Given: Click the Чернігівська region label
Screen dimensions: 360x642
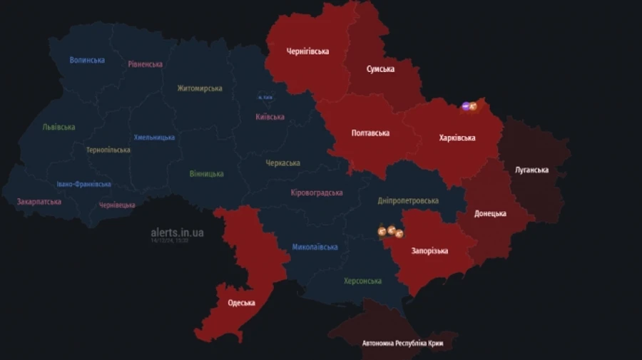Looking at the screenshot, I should click(x=307, y=51).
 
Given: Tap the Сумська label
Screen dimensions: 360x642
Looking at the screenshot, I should click(x=380, y=69).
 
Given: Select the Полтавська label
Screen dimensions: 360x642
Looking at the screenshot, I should click(x=370, y=133).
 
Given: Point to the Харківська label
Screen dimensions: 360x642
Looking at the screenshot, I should click(x=457, y=138).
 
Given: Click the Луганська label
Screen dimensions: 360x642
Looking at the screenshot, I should click(x=531, y=170).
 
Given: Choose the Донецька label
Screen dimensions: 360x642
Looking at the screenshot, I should click(x=490, y=213).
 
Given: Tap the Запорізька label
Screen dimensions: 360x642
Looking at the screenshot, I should click(x=429, y=251).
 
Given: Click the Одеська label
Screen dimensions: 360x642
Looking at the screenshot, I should click(x=242, y=303).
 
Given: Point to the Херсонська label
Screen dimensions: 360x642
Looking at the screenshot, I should click(x=362, y=281).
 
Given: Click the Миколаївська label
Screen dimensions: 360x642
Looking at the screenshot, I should click(x=315, y=247).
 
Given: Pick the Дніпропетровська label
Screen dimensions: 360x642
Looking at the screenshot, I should click(x=408, y=201).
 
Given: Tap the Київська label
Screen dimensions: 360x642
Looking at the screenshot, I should click(x=270, y=117).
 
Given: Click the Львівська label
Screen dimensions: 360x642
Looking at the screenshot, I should click(x=58, y=128).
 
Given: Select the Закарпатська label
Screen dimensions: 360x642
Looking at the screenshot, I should click(x=39, y=202).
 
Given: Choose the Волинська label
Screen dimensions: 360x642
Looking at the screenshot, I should click(x=87, y=60).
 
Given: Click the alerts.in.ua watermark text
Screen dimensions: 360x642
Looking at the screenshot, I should click(x=177, y=232).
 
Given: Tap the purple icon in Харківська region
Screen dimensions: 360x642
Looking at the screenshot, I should click(x=465, y=106).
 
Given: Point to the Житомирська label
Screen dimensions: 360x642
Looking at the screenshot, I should click(x=200, y=88).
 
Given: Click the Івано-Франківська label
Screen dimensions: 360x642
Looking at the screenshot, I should click(x=83, y=184).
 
